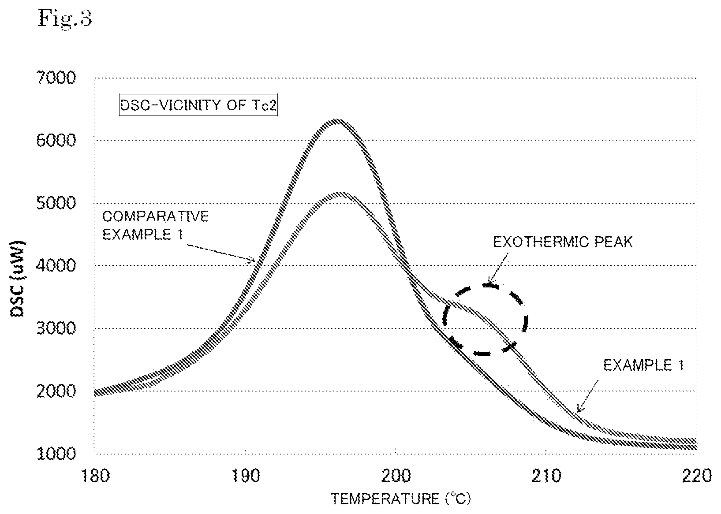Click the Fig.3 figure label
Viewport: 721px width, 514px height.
point(65,19)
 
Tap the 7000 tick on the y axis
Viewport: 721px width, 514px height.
point(56,78)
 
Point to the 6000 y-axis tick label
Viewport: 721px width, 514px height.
point(56,140)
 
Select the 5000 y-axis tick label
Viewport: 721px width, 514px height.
point(56,203)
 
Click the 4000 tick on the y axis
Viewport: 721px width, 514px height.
point(56,265)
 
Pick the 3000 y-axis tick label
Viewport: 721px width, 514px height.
point(56,328)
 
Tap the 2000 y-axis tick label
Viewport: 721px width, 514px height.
point(56,391)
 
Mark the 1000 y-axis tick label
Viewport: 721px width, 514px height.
point(56,454)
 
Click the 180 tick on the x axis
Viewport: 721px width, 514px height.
point(96,476)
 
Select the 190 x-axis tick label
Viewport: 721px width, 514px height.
point(246,476)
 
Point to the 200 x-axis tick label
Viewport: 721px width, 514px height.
point(396,476)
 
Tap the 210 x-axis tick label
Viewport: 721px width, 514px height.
point(546,476)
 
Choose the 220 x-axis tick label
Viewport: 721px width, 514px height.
point(697,476)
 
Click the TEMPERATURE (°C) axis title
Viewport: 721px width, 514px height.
point(401,499)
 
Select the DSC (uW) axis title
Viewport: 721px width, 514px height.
point(18,279)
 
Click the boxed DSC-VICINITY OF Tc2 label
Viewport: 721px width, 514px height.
point(198,105)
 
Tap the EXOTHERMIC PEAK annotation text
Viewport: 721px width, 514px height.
point(563,242)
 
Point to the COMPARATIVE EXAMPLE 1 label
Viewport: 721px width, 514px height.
point(156,225)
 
